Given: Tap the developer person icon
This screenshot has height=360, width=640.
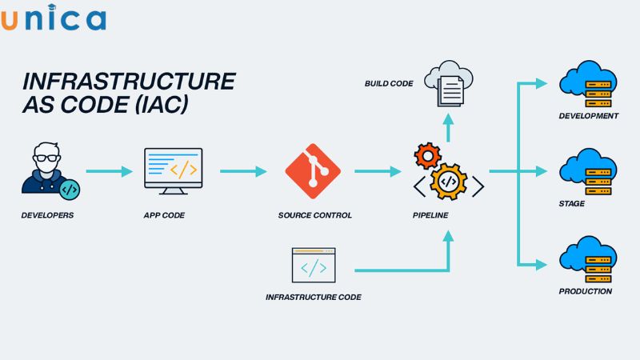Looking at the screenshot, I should [48, 169].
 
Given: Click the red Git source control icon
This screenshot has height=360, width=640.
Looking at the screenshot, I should [313, 170].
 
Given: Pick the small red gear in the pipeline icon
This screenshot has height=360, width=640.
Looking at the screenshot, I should [427, 154].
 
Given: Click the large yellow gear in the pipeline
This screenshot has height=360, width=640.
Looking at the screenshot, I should [449, 181].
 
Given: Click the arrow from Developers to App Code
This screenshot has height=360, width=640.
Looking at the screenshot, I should [109, 171].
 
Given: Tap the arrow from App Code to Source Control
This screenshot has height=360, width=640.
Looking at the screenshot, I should [243, 171].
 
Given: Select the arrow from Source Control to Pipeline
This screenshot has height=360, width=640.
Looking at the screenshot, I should [378, 171].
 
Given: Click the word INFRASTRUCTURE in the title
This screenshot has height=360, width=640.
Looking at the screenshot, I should [129, 82].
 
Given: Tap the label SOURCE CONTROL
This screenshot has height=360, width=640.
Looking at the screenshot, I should [314, 215].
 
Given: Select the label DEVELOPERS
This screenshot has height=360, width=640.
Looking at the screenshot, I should [47, 215].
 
